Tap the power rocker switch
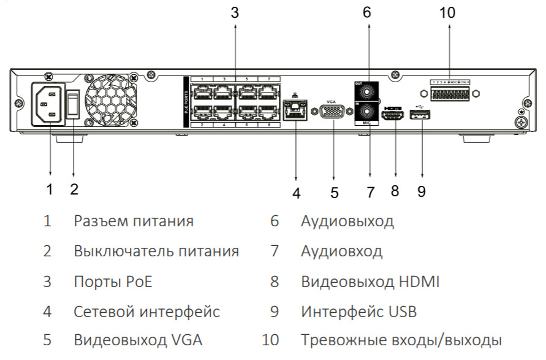74,105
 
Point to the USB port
423,115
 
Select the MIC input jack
367,112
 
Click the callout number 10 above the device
448,13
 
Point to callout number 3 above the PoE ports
235,13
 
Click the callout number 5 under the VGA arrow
334,192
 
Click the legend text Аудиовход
341,251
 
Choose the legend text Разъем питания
134,221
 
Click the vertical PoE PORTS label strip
186,101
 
